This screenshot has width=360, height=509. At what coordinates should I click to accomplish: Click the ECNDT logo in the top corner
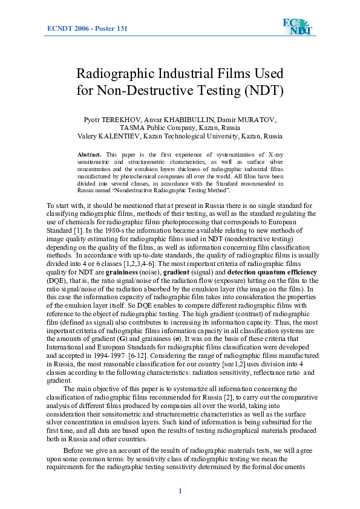(296, 27)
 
